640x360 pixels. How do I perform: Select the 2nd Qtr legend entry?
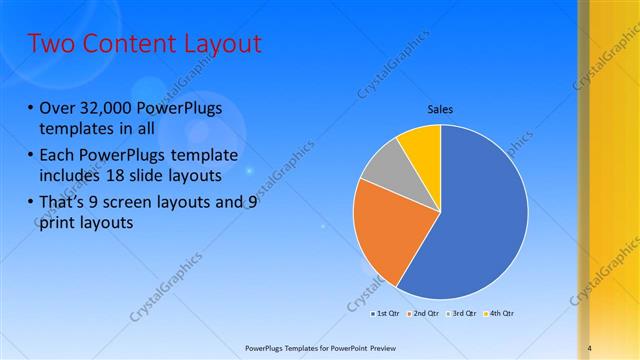[x=421, y=313]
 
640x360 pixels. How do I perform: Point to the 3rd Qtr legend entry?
[x=460, y=313]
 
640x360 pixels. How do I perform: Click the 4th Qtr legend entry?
[x=498, y=313]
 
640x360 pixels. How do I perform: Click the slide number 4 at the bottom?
[x=590, y=347]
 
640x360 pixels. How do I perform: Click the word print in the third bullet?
[x=60, y=222]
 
